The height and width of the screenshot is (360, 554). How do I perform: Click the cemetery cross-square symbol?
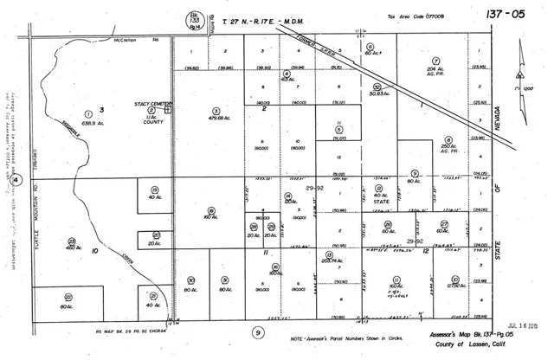[x=168, y=110]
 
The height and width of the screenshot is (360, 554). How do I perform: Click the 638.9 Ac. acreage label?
[x=87, y=122]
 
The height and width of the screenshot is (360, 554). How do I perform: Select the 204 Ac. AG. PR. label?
[x=433, y=73]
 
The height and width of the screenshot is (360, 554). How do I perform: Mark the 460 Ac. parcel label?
[x=72, y=247]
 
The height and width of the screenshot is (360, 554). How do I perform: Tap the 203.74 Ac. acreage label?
[x=326, y=260]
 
